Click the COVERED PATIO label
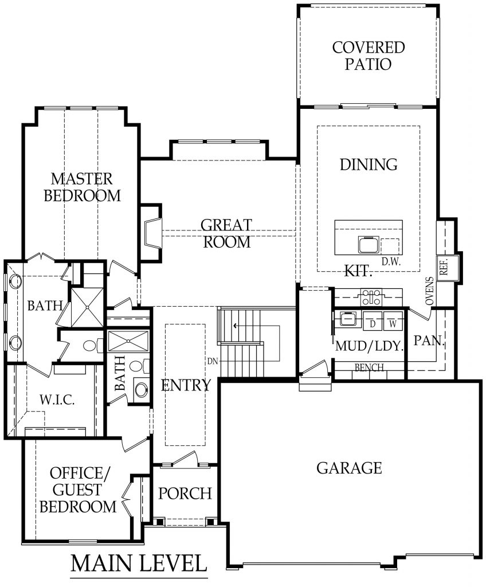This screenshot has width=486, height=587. (x=369, y=55)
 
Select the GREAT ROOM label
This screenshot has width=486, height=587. (x=226, y=233)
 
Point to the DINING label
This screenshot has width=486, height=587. (x=369, y=165)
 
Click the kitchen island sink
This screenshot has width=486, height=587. (x=367, y=245)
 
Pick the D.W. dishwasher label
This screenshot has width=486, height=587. (x=390, y=261)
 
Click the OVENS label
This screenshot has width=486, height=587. (x=429, y=292)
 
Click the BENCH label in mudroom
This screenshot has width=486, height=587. (x=369, y=367)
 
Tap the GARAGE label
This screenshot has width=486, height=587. (x=348, y=468)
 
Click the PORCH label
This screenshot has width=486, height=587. (x=185, y=493)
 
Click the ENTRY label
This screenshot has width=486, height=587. (x=186, y=385)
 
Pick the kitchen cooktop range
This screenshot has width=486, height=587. (x=369, y=297)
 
